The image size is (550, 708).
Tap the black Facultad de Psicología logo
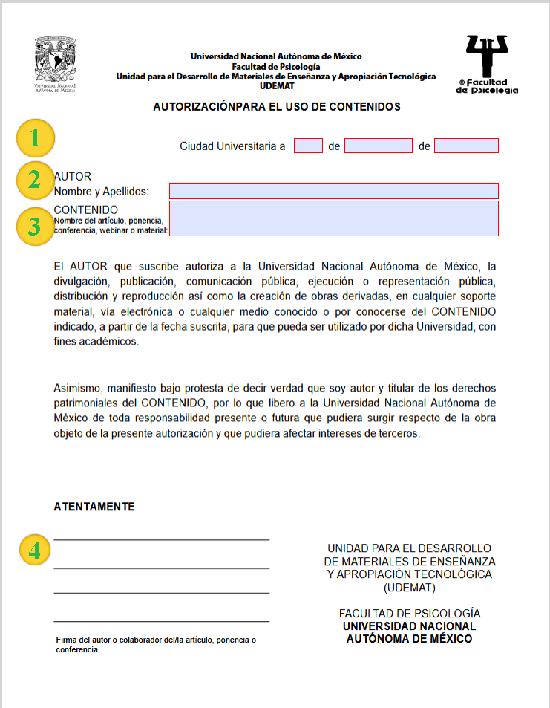(x=486, y=65)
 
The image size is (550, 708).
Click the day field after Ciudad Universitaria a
(x=308, y=146)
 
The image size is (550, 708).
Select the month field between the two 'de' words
(x=378, y=146)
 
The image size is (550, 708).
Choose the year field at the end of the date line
(x=466, y=146)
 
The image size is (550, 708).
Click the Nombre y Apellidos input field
(x=334, y=192)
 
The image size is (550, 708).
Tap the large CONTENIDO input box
(x=334, y=219)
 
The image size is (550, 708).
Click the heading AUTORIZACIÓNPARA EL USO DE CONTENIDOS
(x=277, y=107)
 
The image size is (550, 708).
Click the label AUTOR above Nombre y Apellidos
(x=73, y=177)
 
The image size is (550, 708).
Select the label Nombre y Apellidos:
(x=102, y=192)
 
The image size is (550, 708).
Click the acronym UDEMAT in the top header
(x=276, y=85)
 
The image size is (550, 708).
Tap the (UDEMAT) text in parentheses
(x=410, y=588)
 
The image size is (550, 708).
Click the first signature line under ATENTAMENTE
(x=161, y=539)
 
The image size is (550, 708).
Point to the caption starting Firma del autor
(x=156, y=644)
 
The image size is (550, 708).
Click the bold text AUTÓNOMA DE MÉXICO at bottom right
(x=409, y=638)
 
